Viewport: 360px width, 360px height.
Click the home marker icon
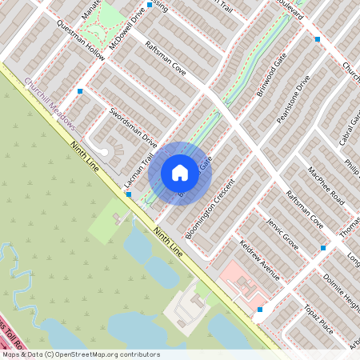pyautogui.click(x=180, y=172)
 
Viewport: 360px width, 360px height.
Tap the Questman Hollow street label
pyautogui.click(x=81, y=42)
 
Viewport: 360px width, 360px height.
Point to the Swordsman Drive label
pyautogui.click(x=133, y=125)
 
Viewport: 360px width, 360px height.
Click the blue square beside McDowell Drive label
pyautogui.click(x=150, y=5)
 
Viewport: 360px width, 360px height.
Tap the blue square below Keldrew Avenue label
pyautogui.click(x=260, y=310)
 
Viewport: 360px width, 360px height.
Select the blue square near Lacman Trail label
pyautogui.click(x=128, y=194)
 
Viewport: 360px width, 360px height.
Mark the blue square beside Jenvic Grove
pyautogui.click(x=323, y=247)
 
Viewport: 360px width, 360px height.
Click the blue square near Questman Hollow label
pyautogui.click(x=80, y=91)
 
